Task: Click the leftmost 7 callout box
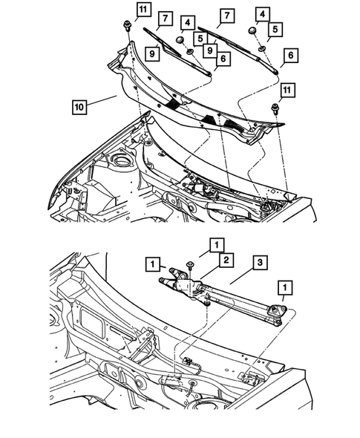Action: (164, 17)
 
